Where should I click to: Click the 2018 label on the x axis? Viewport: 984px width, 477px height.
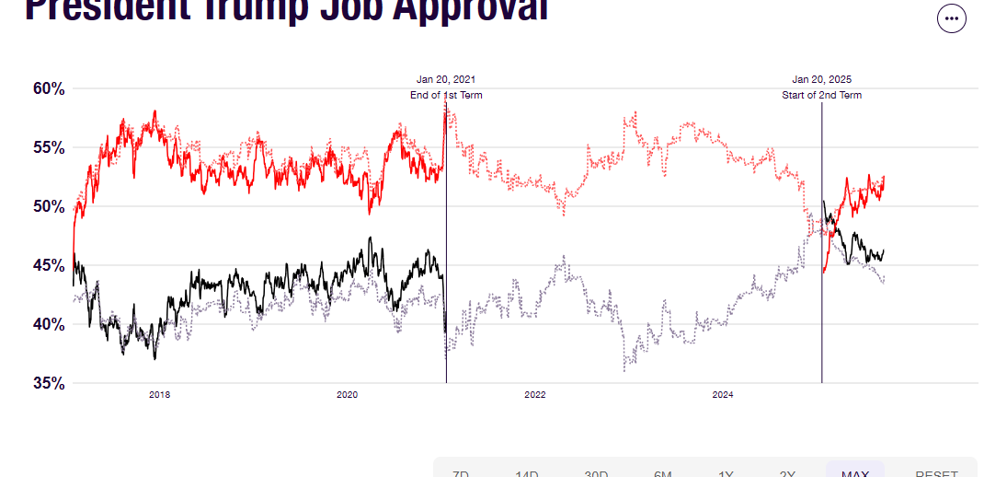point(160,395)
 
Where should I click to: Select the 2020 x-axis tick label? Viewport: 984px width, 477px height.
point(347,395)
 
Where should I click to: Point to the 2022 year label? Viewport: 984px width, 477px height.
point(535,395)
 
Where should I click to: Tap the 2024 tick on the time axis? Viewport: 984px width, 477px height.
point(723,395)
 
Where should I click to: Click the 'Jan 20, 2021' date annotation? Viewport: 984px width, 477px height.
point(446,80)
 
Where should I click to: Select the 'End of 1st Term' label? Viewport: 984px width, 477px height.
point(446,96)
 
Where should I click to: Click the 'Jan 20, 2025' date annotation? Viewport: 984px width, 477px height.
point(822,80)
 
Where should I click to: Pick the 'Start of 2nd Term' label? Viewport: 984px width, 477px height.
point(822,96)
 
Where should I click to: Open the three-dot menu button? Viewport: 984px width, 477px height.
point(951,18)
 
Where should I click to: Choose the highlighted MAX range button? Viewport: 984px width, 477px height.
point(854,471)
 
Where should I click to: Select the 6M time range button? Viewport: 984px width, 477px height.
point(663,471)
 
